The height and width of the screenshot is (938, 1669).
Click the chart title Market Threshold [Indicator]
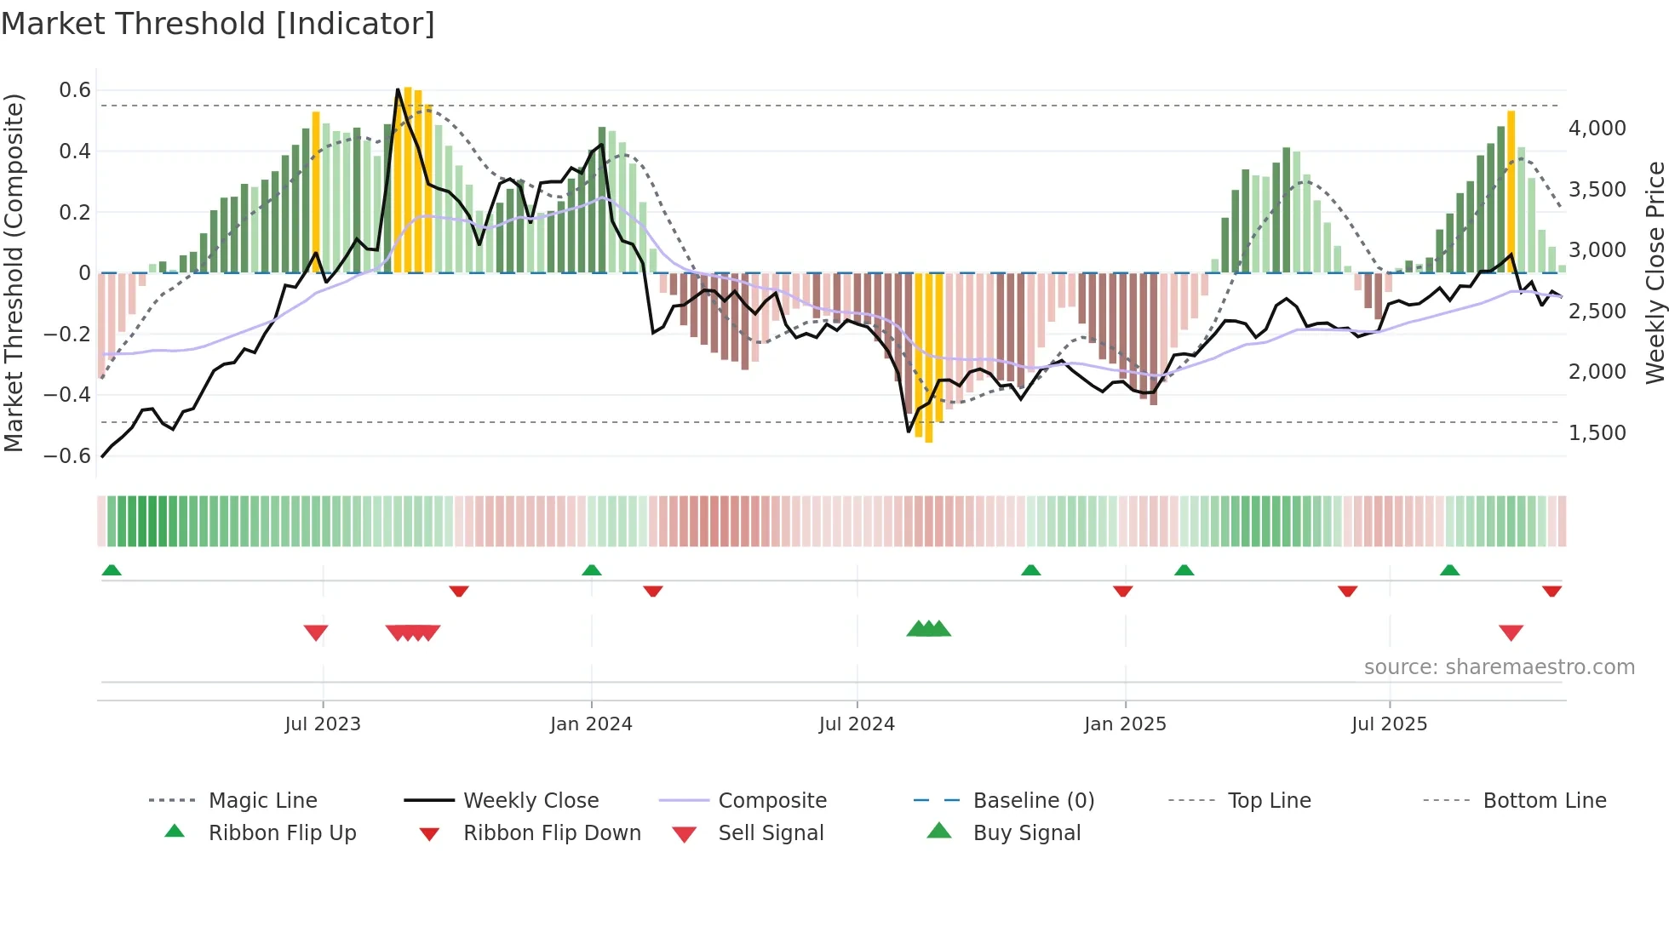click(218, 24)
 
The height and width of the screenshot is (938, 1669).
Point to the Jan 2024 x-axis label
click(591, 724)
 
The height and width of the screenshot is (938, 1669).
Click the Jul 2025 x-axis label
click(1389, 724)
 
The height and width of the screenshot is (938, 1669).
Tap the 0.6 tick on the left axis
click(75, 90)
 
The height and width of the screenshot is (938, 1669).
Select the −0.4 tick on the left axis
click(67, 395)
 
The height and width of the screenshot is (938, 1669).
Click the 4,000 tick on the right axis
click(1597, 129)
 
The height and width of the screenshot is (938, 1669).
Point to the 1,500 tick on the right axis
click(1597, 433)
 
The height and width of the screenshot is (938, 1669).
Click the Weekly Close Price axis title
click(1655, 272)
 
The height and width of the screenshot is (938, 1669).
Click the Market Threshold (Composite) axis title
click(14, 272)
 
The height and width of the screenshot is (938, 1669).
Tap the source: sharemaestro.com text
click(1499, 667)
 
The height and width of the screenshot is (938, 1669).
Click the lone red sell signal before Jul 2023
click(316, 632)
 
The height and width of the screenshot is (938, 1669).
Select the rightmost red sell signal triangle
click(1511, 632)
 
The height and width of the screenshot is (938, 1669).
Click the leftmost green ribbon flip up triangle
click(112, 570)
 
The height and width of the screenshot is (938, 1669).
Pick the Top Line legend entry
click(1269, 800)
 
